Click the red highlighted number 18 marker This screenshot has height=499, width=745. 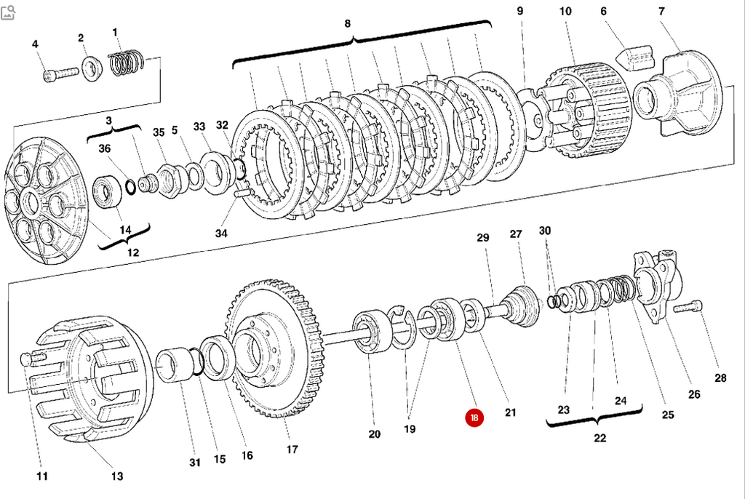[x=474, y=418]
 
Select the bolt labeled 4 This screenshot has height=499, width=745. [x=57, y=74]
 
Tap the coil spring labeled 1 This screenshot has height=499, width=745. [x=127, y=61]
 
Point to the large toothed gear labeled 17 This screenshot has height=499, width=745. [x=275, y=349]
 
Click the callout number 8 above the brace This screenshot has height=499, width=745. [x=348, y=23]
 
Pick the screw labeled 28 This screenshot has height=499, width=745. [x=690, y=308]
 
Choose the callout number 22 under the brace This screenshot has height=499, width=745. [x=599, y=438]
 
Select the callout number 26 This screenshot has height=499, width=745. [x=693, y=394]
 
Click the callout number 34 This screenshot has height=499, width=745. [x=221, y=233]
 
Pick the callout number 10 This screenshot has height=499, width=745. [x=565, y=12]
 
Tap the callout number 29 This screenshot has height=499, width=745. [x=483, y=237]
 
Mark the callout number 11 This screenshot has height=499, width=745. [x=41, y=476]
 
